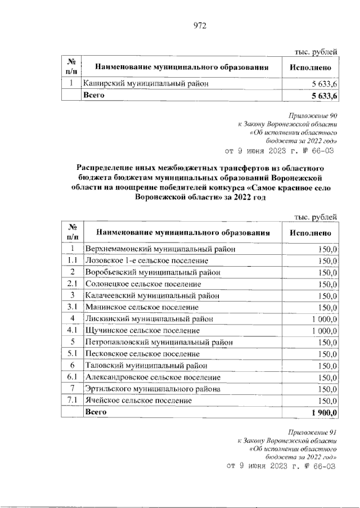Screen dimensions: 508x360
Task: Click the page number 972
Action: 200,25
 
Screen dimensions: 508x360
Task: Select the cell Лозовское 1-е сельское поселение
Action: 146,261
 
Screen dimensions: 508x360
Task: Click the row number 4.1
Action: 72,330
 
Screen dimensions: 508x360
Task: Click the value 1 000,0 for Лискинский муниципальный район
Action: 322,318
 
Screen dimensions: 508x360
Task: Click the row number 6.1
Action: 72,377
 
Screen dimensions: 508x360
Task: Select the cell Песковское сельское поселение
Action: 142,354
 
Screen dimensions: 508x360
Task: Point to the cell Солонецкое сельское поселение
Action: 143,284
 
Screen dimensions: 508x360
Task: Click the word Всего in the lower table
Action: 95,412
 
